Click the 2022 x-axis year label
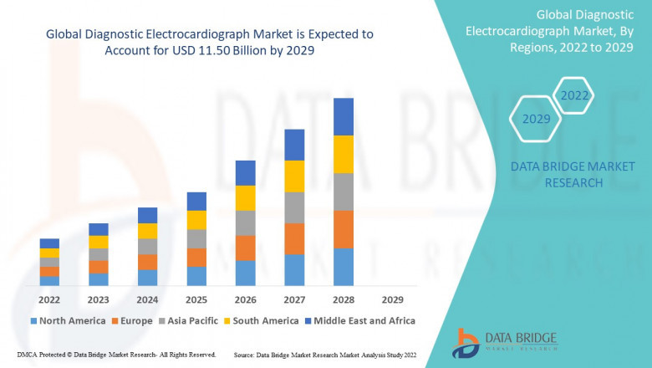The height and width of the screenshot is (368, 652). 49,299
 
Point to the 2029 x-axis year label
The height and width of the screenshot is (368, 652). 392,299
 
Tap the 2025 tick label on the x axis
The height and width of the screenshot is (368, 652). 196,299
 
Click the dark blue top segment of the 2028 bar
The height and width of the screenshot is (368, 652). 344,116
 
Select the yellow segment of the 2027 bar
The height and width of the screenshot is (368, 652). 294,176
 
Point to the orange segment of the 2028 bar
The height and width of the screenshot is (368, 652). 344,229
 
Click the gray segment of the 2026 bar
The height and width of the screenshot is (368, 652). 245,222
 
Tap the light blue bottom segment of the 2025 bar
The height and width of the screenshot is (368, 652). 196,276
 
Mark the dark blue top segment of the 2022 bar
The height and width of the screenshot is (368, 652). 49,243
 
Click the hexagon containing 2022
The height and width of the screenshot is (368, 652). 574,95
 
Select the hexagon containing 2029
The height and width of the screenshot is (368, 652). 537,119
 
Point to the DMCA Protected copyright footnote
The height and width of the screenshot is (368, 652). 116,355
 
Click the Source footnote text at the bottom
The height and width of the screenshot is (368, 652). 325,355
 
